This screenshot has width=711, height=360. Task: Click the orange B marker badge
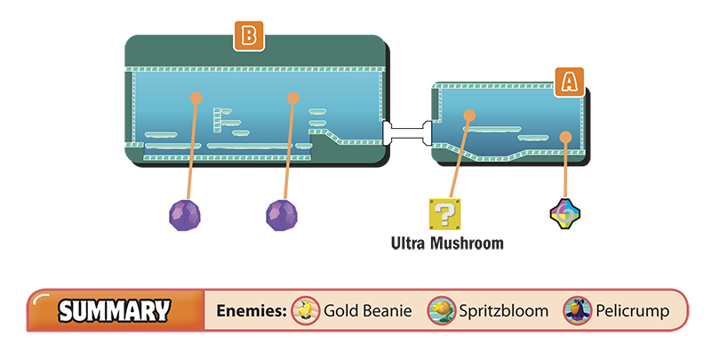point(249,36)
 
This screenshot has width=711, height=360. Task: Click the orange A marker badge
point(570,82)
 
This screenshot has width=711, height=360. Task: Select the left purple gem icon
point(185,215)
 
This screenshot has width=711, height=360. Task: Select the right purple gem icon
point(282,215)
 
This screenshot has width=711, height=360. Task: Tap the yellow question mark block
point(445,214)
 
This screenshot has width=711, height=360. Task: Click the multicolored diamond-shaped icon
point(565,213)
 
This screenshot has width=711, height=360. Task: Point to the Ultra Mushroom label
point(447,244)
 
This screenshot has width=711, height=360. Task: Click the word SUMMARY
point(115,311)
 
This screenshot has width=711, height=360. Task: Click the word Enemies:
point(252,311)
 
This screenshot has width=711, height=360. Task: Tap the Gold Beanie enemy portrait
point(306,310)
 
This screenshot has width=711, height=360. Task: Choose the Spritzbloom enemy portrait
point(441,310)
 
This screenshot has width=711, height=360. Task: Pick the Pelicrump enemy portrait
point(577,310)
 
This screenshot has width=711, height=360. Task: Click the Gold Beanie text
point(368,311)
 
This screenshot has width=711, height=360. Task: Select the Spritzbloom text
point(504,311)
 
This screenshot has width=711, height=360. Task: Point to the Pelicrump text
point(633,311)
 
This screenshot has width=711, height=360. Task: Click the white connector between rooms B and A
point(407,132)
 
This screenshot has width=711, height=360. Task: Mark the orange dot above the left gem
point(196,98)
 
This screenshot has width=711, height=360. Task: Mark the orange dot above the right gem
point(293,98)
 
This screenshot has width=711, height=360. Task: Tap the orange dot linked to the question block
point(469,116)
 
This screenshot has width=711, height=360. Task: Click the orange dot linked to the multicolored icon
point(565,137)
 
